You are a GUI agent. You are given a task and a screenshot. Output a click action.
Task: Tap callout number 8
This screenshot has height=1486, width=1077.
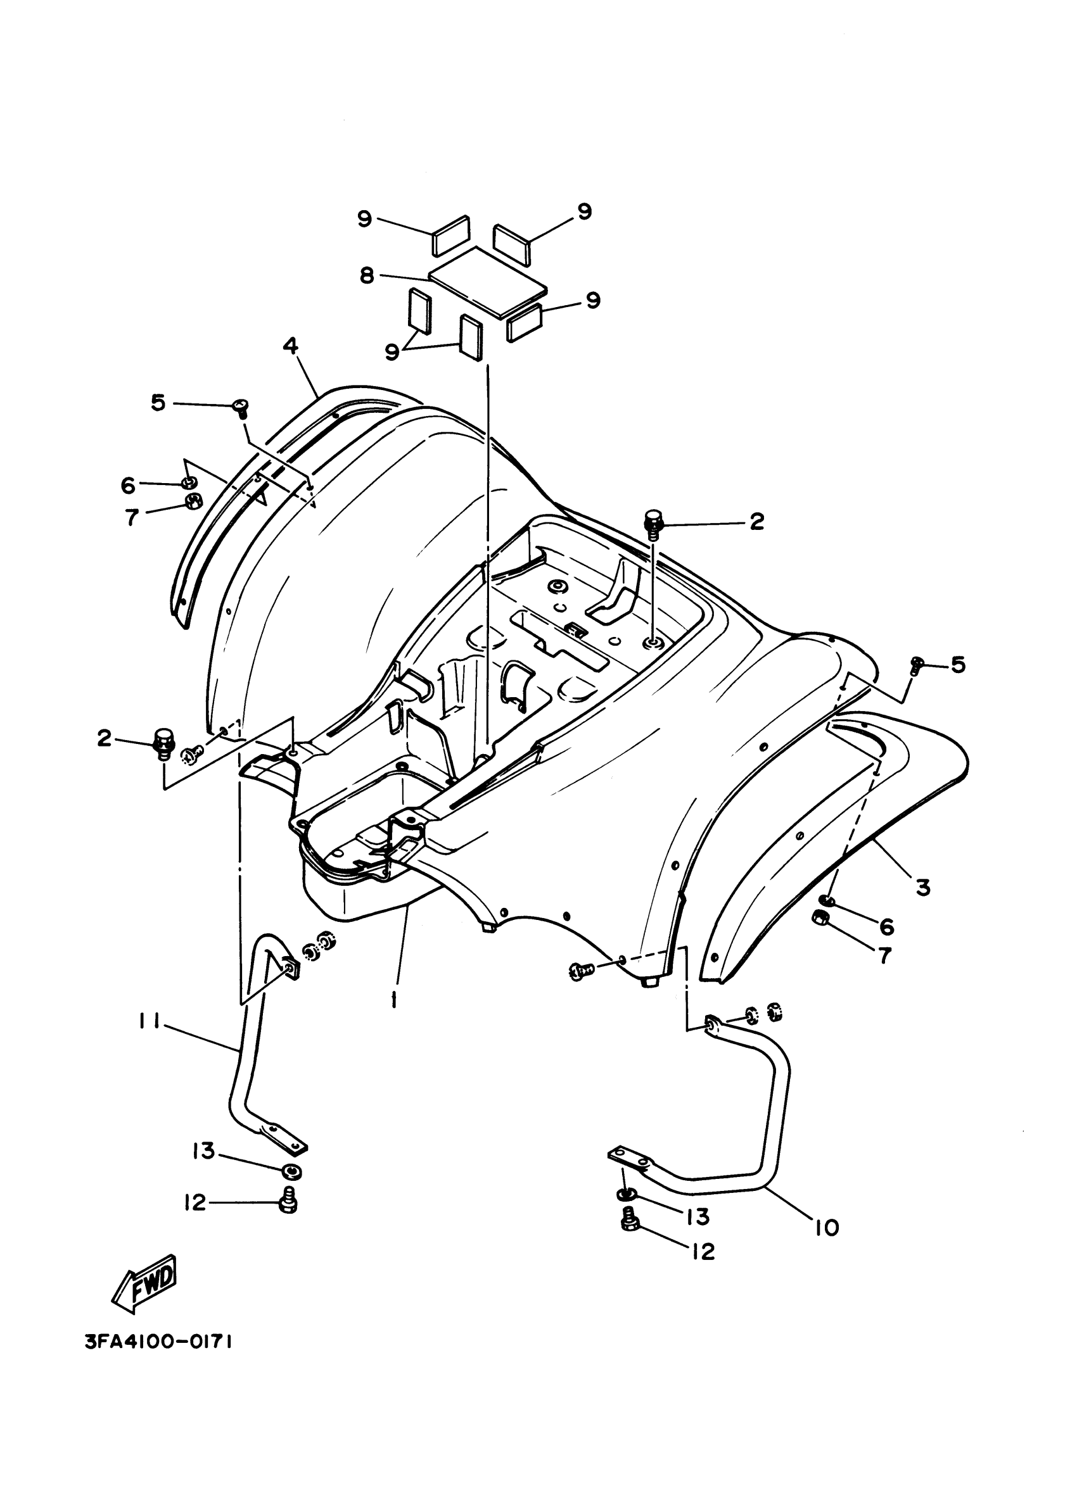click(367, 275)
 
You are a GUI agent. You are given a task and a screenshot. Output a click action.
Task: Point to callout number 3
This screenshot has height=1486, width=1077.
click(922, 888)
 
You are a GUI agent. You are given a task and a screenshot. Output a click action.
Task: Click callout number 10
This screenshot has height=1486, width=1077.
click(828, 1226)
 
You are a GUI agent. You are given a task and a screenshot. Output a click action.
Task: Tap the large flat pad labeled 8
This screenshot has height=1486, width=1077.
click(487, 283)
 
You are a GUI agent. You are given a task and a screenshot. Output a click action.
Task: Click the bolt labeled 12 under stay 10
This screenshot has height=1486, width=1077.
click(628, 1219)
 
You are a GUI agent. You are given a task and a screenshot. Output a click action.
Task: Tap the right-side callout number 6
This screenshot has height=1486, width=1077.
click(887, 926)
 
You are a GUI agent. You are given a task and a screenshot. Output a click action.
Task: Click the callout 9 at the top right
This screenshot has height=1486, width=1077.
click(584, 211)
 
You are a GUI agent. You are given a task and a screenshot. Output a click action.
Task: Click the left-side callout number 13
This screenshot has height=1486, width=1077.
click(203, 1150)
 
